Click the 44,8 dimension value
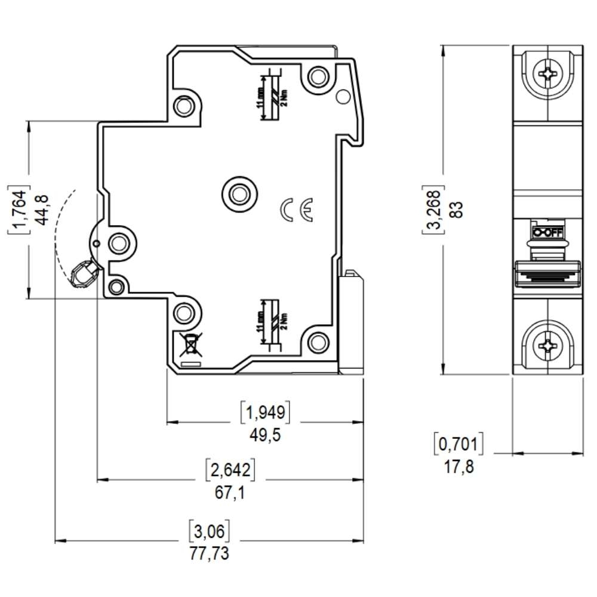tap(42, 210)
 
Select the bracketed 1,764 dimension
tap(19, 210)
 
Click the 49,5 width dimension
tap(264, 435)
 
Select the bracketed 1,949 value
tap(264, 411)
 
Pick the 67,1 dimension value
tap(230, 493)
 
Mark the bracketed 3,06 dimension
tap(209, 530)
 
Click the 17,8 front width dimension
tap(458, 466)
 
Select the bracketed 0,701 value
tap(458, 444)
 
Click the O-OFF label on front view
tap(547, 232)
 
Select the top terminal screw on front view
tap(548, 74)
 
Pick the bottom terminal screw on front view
tap(548, 346)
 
